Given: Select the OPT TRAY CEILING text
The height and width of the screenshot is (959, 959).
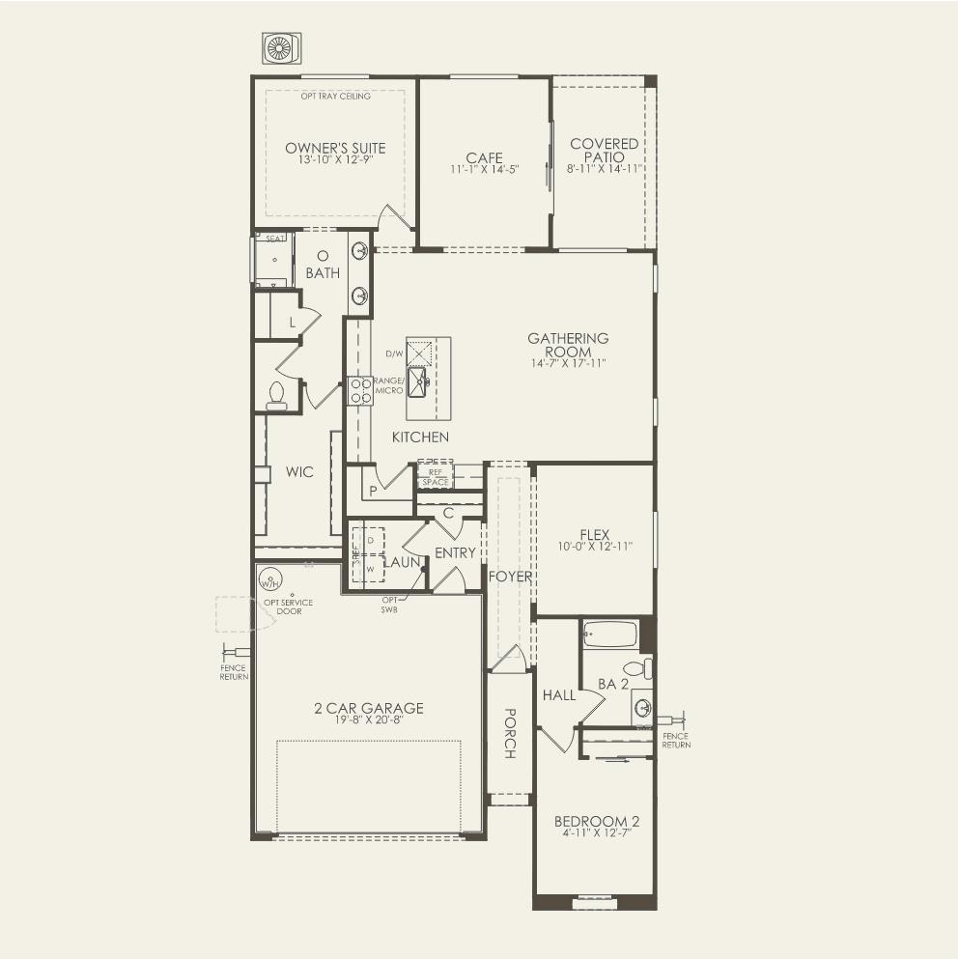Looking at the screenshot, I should click(x=335, y=96).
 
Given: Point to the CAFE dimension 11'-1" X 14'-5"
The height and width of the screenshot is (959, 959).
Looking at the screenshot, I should click(x=484, y=169).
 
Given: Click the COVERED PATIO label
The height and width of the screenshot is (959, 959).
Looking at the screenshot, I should click(x=605, y=150).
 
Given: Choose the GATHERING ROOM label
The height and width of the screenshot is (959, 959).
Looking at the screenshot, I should click(x=568, y=345).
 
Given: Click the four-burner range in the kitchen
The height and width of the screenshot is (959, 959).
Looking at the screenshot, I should click(x=360, y=390).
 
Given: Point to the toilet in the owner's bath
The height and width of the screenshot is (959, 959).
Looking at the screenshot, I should click(x=276, y=395).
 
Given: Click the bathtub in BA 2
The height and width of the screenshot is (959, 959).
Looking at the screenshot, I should click(x=610, y=635).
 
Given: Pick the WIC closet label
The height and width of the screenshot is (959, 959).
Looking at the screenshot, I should click(x=299, y=472).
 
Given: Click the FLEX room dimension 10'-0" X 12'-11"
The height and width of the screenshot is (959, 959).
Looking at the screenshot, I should click(x=595, y=547).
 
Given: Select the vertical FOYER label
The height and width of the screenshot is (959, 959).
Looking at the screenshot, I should click(x=511, y=577).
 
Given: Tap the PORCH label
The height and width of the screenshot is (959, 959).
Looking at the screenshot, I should click(x=509, y=734).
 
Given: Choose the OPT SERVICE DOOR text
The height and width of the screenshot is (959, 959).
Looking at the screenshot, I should click(x=288, y=606).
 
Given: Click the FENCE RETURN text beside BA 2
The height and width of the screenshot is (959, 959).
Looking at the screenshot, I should click(x=676, y=741).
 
